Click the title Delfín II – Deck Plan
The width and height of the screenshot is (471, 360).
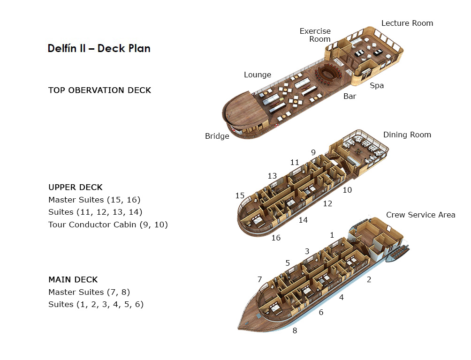[99, 48]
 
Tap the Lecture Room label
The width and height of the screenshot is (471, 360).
[407, 23]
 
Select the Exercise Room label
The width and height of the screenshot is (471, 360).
[315, 35]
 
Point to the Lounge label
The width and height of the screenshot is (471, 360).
[258, 75]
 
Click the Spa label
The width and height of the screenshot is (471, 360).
[377, 85]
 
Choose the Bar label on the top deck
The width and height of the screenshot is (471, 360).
[349, 97]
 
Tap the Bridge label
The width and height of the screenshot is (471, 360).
[217, 136]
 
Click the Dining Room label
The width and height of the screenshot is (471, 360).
[407, 135]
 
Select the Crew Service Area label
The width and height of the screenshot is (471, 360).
[420, 215]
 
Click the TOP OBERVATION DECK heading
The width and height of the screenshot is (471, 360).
[99, 90]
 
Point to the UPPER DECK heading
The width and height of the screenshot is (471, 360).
[76, 187]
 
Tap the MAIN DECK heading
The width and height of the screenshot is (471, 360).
[73, 279]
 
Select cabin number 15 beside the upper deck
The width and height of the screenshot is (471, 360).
[240, 195]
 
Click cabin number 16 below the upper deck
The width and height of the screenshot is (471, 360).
[276, 238]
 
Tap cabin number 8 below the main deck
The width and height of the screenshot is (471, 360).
[295, 330]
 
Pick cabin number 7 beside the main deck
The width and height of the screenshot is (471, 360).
[259, 279]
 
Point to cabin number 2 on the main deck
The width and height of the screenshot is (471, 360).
[369, 280]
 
